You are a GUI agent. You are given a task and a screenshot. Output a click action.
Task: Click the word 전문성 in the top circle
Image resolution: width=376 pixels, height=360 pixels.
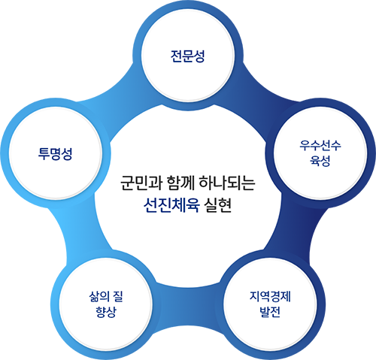(x=187, y=56)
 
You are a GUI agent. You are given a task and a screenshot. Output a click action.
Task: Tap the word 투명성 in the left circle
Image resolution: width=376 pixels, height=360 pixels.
(x=55, y=153)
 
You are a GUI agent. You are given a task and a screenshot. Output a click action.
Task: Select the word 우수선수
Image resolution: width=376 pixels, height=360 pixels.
(x=320, y=145)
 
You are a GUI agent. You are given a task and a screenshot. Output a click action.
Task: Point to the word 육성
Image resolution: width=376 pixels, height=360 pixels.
(x=320, y=161)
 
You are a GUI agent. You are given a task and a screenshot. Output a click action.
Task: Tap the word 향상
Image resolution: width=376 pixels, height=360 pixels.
(x=106, y=312)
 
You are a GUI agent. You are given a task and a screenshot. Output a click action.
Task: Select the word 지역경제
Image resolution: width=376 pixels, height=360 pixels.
(x=270, y=297)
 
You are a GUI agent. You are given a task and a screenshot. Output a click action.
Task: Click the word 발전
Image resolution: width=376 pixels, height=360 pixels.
(x=270, y=312)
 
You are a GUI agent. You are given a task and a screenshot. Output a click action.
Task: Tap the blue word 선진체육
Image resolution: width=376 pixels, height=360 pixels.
(x=171, y=206)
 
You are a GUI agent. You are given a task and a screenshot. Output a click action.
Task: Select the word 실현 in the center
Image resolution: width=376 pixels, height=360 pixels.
(x=217, y=206)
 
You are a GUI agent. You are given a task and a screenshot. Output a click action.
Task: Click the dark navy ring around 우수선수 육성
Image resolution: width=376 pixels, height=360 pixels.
(x=320, y=103)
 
